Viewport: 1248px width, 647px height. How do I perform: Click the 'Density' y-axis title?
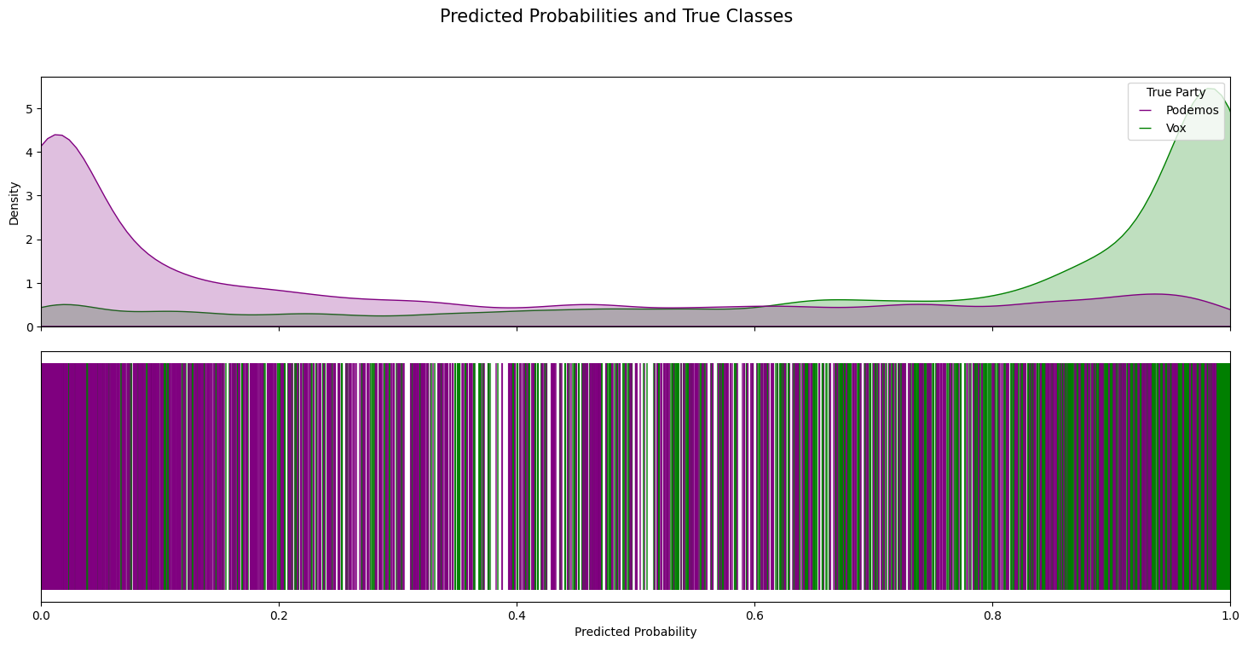(14, 203)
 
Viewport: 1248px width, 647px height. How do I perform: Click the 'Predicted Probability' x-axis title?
(635, 632)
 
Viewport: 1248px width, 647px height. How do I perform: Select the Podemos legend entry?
(1192, 110)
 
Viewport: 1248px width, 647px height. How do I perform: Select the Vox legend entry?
(1176, 128)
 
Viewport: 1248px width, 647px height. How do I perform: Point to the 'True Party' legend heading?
(1176, 92)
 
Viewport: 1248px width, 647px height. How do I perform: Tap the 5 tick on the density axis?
(28, 108)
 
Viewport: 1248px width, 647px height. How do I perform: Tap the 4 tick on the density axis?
(28, 153)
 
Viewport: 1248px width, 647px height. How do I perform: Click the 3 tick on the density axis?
(28, 196)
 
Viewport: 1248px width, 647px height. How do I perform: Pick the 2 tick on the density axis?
(28, 240)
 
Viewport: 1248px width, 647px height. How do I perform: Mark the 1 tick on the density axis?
(28, 283)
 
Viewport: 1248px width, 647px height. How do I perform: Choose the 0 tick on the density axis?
(28, 327)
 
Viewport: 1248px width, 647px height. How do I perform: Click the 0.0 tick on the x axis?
(41, 613)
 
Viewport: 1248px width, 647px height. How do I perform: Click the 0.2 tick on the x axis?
(279, 613)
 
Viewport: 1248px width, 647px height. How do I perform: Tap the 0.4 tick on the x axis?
(517, 613)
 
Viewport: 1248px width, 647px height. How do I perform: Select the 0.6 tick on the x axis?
(754, 613)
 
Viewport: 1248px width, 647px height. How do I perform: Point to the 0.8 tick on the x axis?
(992, 613)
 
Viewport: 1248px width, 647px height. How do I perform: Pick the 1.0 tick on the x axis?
(1229, 613)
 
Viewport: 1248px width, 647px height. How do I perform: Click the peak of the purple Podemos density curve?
(57, 135)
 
